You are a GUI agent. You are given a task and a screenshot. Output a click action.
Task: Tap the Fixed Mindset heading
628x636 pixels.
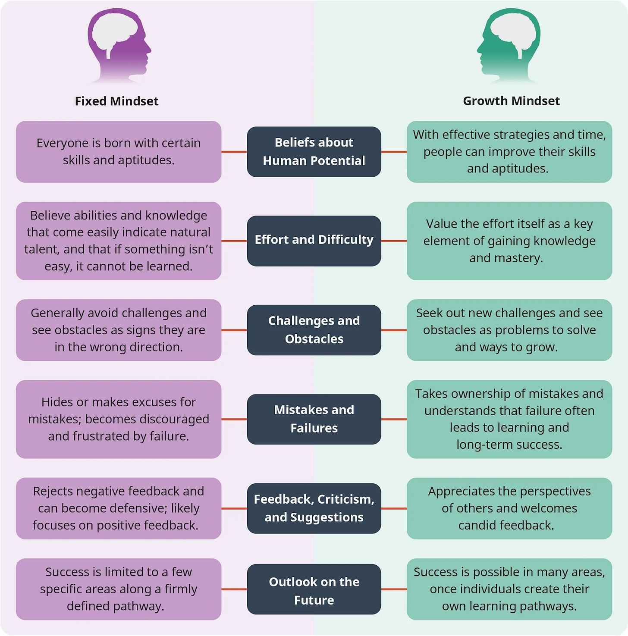(x=116, y=101)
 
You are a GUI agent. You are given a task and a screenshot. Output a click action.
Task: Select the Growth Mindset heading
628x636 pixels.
(x=511, y=101)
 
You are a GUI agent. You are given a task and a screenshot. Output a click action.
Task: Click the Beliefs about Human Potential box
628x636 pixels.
(x=314, y=152)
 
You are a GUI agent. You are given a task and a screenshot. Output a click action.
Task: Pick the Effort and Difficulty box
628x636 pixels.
(x=314, y=241)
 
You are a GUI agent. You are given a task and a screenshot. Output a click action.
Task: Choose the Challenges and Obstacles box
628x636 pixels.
(x=314, y=330)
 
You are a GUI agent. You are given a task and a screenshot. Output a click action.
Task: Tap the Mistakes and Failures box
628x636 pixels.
(x=314, y=419)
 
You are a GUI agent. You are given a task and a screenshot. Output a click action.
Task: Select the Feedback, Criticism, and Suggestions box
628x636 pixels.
(x=314, y=508)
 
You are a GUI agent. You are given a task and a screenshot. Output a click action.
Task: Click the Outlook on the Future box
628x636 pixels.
(x=314, y=589)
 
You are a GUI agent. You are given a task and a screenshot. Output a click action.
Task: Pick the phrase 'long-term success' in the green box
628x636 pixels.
(x=509, y=445)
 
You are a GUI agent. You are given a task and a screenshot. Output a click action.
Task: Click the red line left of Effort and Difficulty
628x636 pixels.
(x=234, y=241)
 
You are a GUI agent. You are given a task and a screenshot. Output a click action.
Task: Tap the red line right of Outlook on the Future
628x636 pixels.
(x=394, y=589)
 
